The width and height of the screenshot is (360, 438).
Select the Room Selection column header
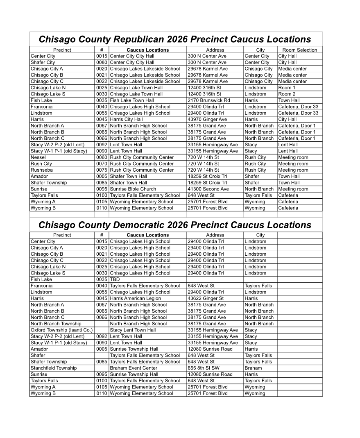[299, 50]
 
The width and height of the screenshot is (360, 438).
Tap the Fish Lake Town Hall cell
[132, 100]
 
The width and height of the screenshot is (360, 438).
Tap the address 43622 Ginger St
[206, 298]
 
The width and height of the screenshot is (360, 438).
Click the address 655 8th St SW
[204, 368]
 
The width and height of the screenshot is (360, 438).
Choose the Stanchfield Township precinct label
[54, 368]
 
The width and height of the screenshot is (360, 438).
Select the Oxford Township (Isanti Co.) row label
[61, 330]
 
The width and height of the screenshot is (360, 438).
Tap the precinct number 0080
[102, 62]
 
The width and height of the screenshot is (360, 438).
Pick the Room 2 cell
[287, 94]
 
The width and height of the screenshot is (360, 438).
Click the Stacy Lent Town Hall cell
[133, 330]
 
